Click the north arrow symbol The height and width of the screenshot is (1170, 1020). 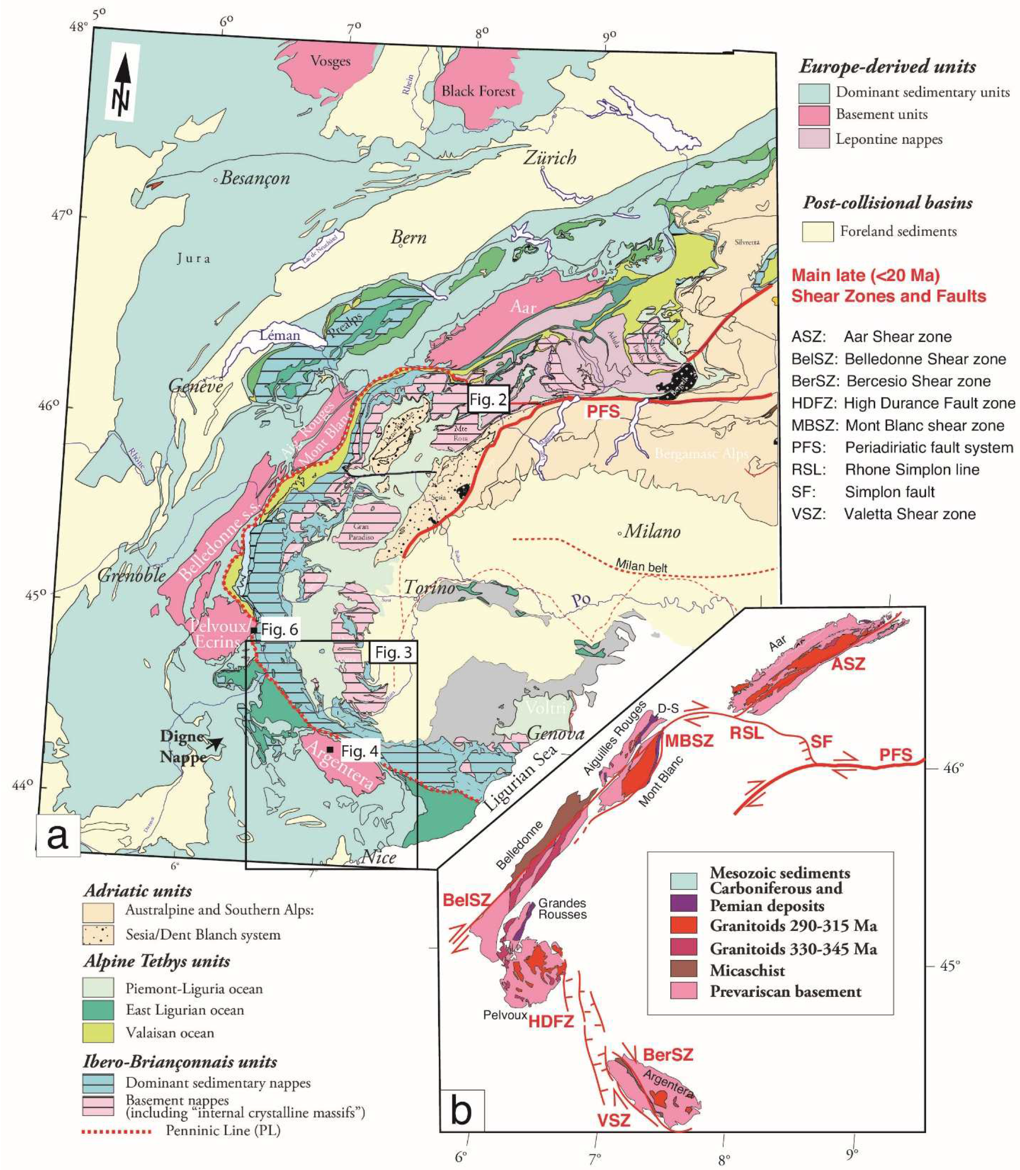(x=121, y=81)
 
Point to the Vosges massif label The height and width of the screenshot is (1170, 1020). (x=330, y=61)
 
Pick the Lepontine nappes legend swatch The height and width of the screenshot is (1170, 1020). (x=814, y=139)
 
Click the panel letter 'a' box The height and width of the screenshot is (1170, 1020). (x=58, y=836)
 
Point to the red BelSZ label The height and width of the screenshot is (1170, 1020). (x=467, y=900)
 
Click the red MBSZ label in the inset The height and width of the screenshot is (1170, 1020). (x=689, y=741)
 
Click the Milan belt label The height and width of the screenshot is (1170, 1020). (x=641, y=566)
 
